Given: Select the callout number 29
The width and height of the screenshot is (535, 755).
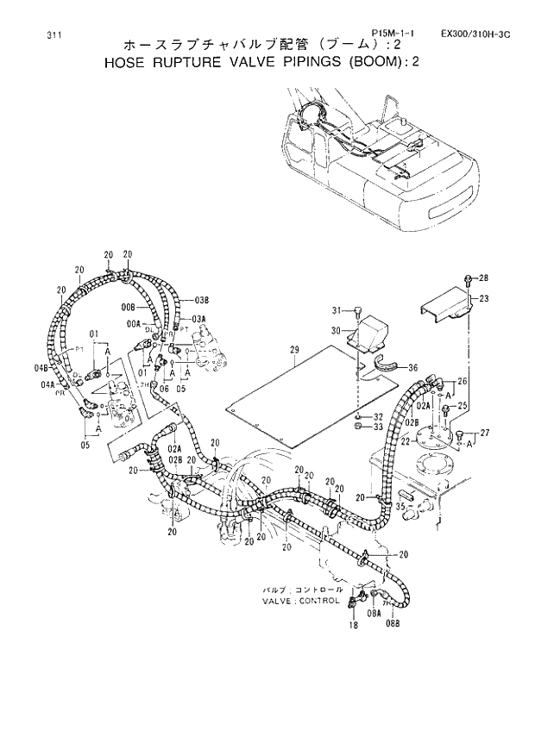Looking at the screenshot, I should (293, 349).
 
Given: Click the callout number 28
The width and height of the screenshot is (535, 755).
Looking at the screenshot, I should (483, 278).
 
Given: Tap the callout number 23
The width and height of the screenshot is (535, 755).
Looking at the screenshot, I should (483, 298).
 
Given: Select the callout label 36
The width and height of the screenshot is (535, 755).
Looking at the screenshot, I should (412, 368).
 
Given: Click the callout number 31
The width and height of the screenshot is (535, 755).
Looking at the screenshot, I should (337, 309).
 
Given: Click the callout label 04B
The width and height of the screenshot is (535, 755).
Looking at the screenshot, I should (41, 368).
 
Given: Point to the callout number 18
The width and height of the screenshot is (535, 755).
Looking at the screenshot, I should (353, 627).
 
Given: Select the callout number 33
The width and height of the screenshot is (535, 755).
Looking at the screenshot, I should (379, 427).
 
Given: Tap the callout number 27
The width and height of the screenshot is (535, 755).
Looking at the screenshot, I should (483, 433).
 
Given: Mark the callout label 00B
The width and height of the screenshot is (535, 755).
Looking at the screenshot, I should (128, 307).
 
